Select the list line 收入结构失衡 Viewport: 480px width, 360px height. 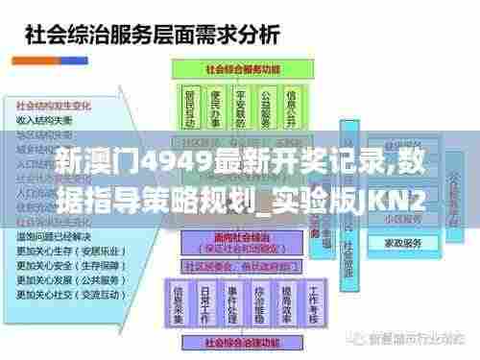pos(44,119)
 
